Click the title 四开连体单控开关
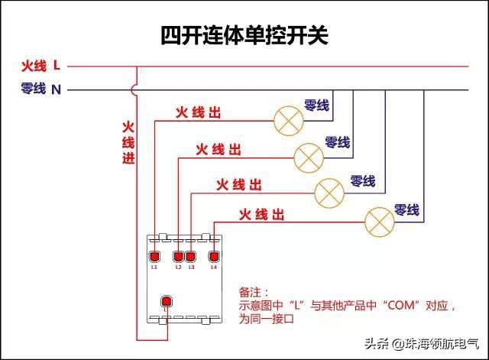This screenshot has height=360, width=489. coord(244,35)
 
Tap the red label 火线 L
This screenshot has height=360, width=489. coord(40,66)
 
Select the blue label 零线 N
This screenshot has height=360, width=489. coord(40,89)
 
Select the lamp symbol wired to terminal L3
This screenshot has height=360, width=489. coord(330,190)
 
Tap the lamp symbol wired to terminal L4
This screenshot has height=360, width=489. coord(379,220)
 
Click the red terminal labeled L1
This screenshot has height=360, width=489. coord(154,256)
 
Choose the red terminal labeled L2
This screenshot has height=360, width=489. coord(179,256)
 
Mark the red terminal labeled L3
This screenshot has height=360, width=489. coord(190,256)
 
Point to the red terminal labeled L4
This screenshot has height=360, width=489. coord(214,256)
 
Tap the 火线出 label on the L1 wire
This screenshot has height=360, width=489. coord(199,113)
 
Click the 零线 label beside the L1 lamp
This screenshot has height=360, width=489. coord(316,105)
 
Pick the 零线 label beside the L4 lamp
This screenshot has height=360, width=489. coord(406,209)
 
